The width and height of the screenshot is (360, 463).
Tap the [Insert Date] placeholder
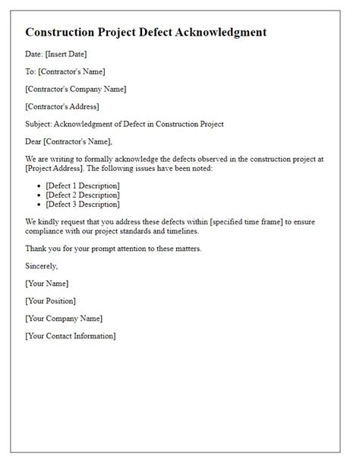pos(67,53)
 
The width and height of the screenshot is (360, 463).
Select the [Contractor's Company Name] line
pos(75,89)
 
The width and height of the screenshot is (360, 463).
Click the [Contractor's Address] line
pos(62,106)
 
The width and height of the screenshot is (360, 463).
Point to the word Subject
pos(38,124)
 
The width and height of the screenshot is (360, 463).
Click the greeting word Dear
pos(34,141)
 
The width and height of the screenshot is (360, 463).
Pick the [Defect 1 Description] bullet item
pos(83,186)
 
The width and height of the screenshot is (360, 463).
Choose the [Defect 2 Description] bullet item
pos(83,195)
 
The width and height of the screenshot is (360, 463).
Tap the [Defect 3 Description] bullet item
pos(83,204)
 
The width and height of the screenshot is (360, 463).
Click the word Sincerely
pos(42,265)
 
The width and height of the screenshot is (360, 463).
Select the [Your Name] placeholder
pos(49,283)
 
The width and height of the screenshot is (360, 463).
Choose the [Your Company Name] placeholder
pos(63,318)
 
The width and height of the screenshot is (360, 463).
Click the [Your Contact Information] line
pos(70,335)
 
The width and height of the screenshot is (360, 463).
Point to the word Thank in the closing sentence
pos(37,248)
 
